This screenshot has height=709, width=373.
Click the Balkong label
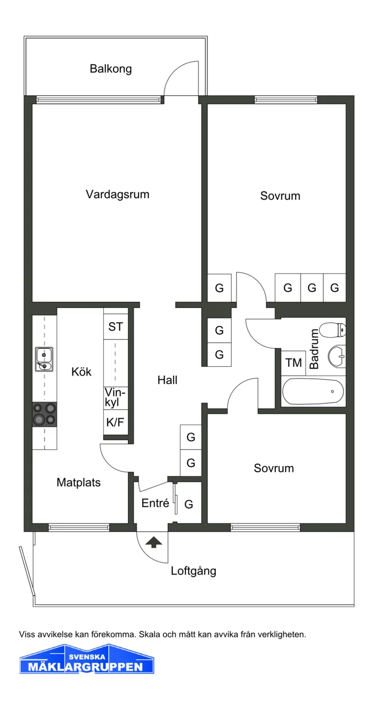(110, 69)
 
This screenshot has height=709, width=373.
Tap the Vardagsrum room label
(118, 195)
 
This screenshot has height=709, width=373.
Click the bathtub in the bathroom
(313, 391)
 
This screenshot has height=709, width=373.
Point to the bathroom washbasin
(336, 356)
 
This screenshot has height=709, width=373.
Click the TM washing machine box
(293, 363)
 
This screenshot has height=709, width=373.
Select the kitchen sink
(44, 359)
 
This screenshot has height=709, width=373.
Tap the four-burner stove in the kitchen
(44, 414)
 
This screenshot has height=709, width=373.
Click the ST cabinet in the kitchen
(115, 327)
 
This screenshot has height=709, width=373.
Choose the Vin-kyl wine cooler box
(115, 398)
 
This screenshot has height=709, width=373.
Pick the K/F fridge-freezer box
(115, 423)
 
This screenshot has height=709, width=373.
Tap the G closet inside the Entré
(189, 504)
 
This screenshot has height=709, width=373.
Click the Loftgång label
(193, 571)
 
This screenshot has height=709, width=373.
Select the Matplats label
(79, 483)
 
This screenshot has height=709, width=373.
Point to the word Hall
(167, 380)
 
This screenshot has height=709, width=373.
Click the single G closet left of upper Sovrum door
(219, 288)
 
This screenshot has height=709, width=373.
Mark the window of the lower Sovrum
(265, 527)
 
